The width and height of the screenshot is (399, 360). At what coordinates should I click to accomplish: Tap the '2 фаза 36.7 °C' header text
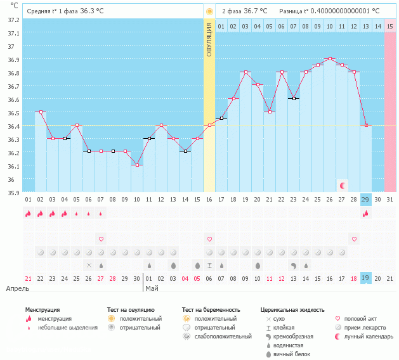pos(244,11)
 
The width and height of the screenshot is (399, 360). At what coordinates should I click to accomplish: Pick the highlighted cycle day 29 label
pos(365,199)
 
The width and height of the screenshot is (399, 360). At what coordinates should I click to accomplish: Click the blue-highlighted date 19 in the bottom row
pos(365,278)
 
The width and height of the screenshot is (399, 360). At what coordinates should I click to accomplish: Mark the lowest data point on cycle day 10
pos(137,165)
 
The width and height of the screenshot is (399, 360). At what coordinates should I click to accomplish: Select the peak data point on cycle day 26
pos(329,58)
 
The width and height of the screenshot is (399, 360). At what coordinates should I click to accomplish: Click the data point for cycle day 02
pos(41,112)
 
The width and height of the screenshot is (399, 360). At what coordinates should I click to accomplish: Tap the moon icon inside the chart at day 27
pos(343,185)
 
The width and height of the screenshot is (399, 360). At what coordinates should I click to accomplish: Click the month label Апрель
pos(18,288)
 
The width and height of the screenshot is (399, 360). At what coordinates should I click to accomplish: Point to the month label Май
pos(152,288)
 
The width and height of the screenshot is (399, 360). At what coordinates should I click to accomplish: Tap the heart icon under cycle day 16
pos(209,239)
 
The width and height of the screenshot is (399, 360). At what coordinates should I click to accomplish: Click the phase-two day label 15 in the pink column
pos(389,26)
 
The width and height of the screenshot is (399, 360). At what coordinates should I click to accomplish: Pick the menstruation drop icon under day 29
pos(365,214)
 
